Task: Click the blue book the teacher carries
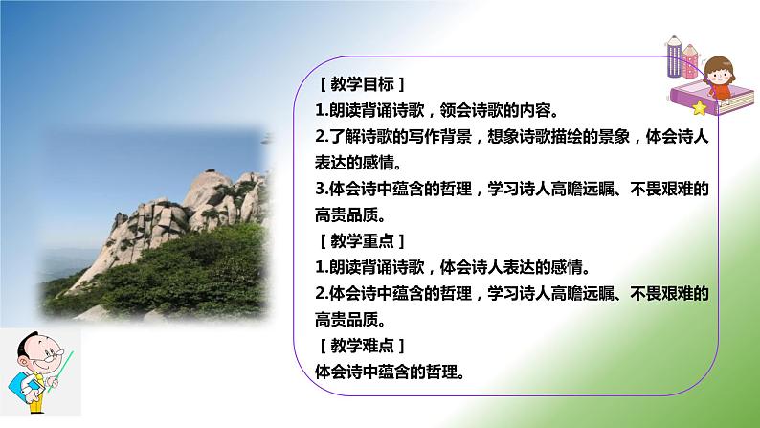(21, 391)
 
